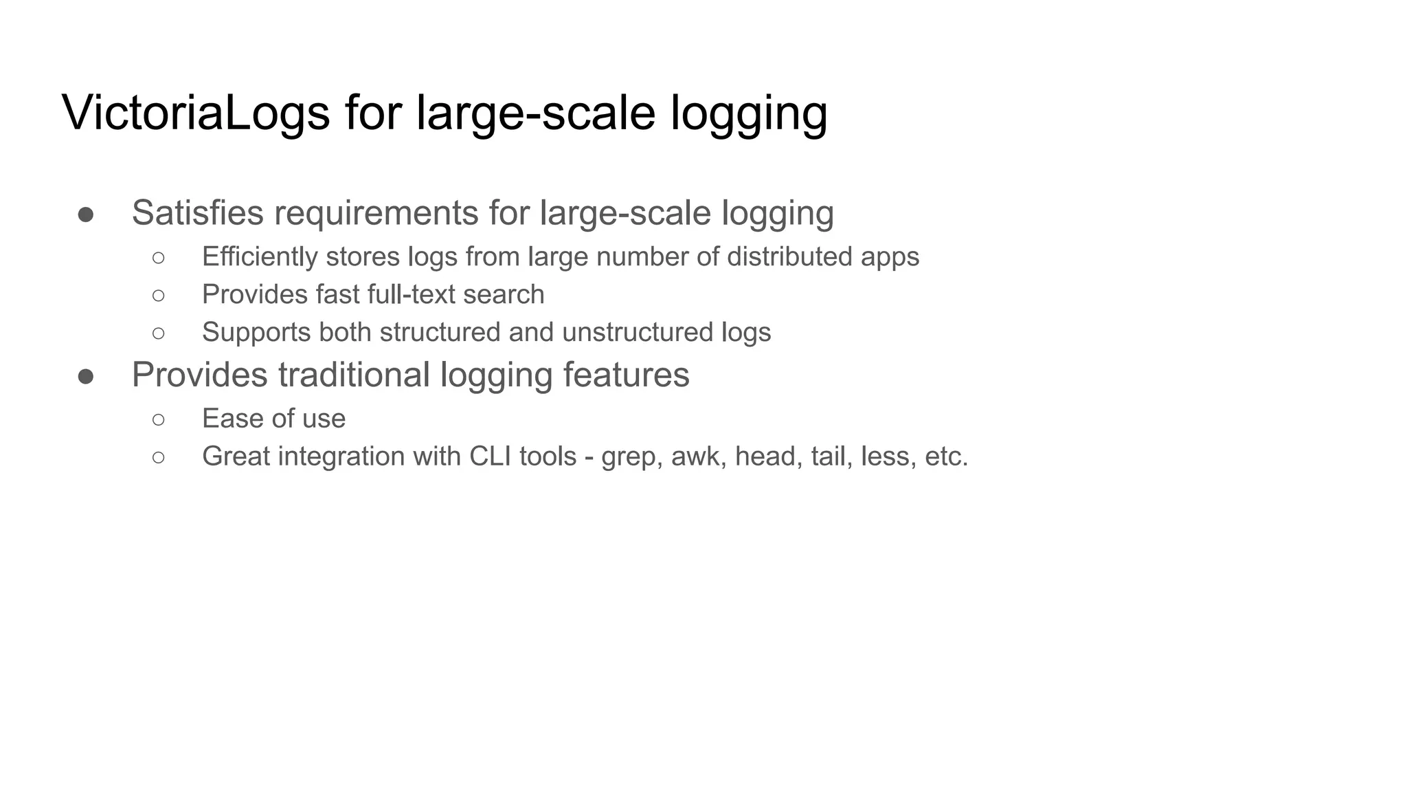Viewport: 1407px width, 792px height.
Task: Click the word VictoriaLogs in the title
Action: point(196,113)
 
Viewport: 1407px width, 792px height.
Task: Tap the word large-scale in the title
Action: point(536,113)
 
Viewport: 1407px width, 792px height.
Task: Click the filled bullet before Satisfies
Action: point(86,214)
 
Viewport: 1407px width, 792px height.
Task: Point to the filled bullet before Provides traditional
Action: point(86,377)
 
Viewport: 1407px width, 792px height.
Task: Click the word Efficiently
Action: point(260,257)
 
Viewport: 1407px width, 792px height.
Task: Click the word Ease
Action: point(231,419)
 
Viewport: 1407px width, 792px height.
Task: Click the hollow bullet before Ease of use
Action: point(159,419)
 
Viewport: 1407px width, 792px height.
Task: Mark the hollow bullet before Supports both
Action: point(159,333)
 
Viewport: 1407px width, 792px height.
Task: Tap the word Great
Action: point(236,456)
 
